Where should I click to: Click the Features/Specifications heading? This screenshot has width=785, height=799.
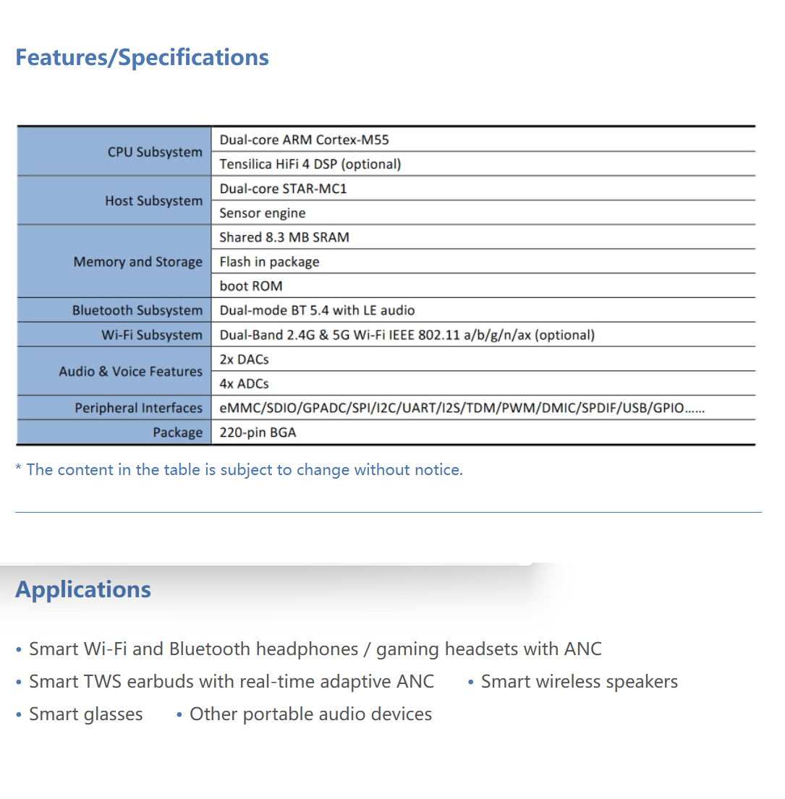[x=142, y=58]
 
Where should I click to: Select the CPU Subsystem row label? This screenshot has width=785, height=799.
[x=155, y=152]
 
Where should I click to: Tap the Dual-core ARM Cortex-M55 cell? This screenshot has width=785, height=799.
[x=304, y=140]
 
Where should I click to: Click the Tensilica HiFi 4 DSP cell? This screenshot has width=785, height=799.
[x=310, y=164]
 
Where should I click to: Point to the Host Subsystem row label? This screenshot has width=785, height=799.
[x=153, y=201]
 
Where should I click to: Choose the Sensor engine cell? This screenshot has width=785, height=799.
[x=263, y=213]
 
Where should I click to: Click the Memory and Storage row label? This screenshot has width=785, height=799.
[x=137, y=262]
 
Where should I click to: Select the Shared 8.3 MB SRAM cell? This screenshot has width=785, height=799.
[x=284, y=237]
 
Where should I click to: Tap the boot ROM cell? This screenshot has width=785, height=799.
[x=251, y=286]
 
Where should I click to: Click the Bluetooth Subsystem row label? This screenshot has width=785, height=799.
[x=137, y=311]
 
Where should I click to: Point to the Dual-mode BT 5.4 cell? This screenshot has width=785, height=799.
[x=317, y=311]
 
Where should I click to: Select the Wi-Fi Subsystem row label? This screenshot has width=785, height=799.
[x=151, y=336]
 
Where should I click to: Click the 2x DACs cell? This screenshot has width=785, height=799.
[x=244, y=359]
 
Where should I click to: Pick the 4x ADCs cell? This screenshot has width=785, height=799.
[x=244, y=384]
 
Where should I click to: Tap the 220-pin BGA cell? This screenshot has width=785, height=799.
[x=258, y=433]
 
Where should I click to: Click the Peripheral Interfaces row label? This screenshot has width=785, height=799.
[x=138, y=409]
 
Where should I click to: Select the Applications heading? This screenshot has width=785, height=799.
[x=83, y=589]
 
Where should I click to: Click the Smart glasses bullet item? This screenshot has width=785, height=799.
[x=85, y=714]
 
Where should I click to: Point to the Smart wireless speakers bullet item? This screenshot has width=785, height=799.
[x=579, y=682]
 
